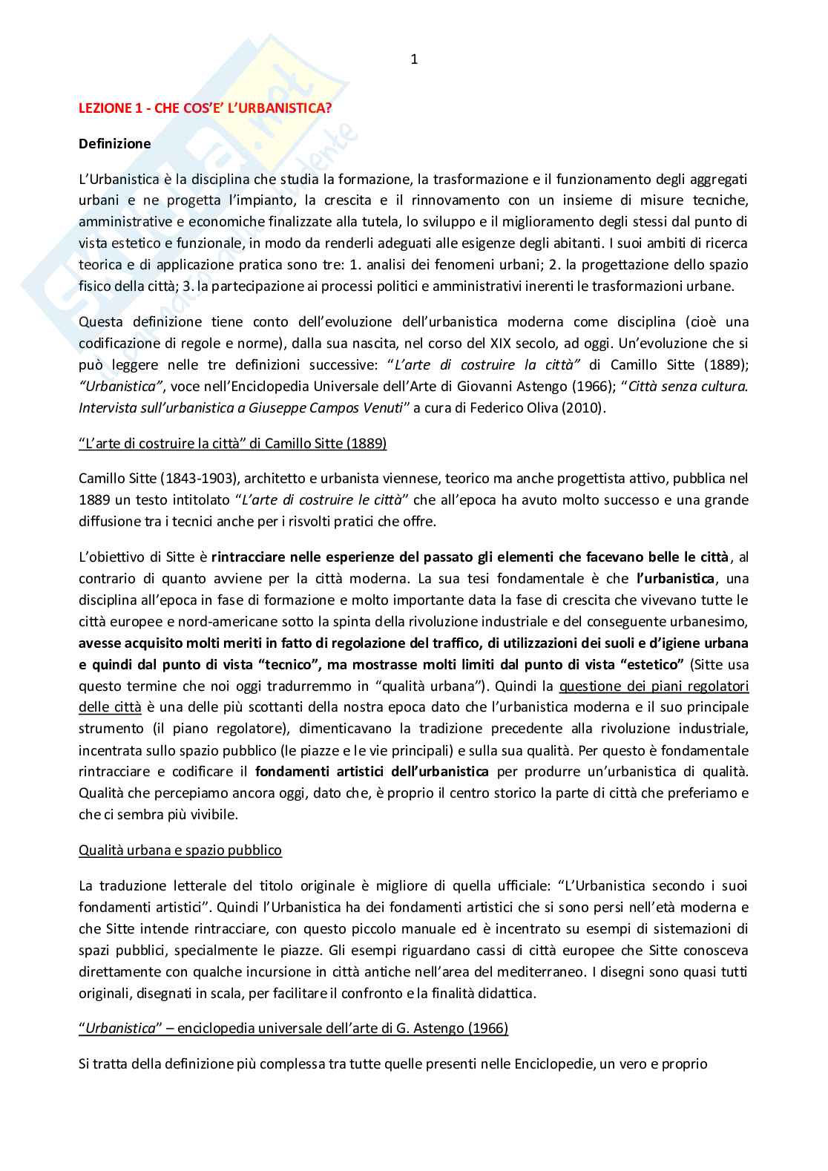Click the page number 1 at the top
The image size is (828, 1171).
coord(414,60)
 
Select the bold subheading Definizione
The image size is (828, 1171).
coord(114,144)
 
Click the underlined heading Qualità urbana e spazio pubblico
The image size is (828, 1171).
coord(180,850)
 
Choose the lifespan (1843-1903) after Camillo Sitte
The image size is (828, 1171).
coord(192,479)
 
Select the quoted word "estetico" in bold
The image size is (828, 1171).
coord(651,664)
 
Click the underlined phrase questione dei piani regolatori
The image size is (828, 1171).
coord(654,686)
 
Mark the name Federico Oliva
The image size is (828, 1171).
coord(502,407)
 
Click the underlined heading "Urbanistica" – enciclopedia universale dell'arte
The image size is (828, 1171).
coord(293,1029)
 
